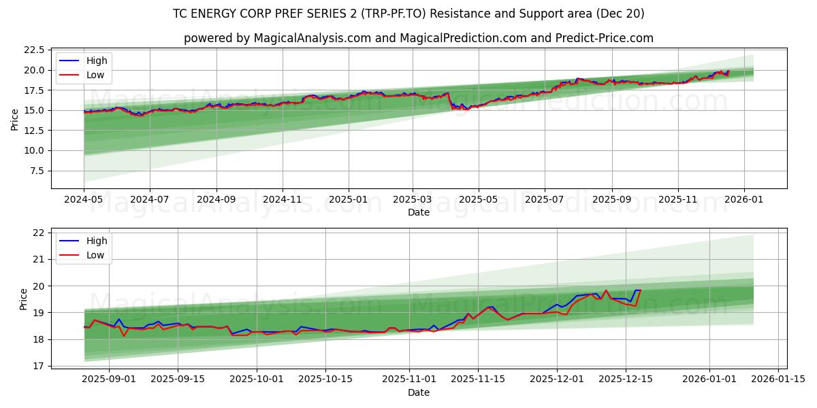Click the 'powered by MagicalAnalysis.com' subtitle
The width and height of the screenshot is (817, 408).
coord(418,38)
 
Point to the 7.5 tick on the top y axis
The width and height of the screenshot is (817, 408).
coord(36,171)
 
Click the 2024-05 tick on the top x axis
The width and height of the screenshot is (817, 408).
coord(84,201)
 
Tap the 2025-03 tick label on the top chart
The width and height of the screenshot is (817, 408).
coord(412,201)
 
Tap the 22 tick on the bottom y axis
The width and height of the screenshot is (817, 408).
coord(38,233)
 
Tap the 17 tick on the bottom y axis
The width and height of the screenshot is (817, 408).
coord(38,366)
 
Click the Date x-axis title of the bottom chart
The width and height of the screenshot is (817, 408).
coord(418,392)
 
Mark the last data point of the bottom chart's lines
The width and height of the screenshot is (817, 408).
coord(640,290)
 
